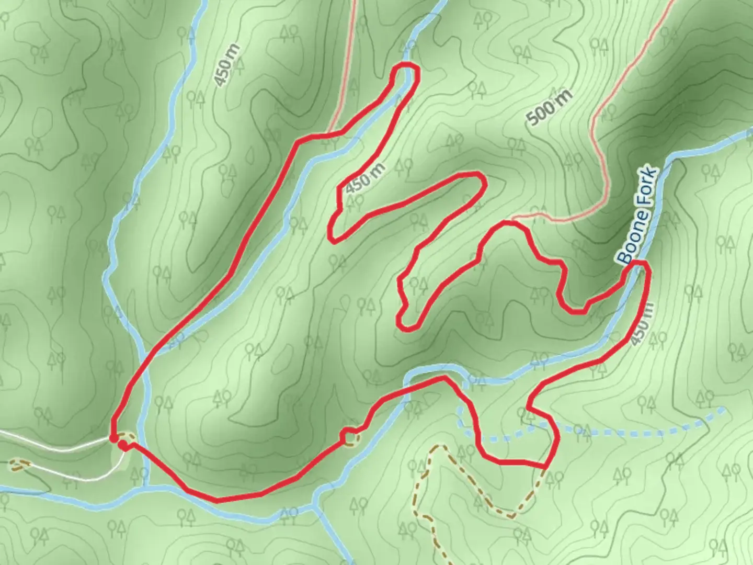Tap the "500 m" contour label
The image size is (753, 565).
pos(550,108)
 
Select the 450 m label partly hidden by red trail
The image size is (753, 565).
pos(641,324)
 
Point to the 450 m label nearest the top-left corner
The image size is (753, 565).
pos(227,65)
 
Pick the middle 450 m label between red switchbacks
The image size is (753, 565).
pos(366,178)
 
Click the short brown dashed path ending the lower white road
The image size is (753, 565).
pos(19,465)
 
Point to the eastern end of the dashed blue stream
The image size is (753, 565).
pos(724,409)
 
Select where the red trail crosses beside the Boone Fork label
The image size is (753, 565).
pos(639,264)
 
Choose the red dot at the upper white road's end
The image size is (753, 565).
pos(113,438)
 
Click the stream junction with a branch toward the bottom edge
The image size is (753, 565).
pos(315,506)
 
